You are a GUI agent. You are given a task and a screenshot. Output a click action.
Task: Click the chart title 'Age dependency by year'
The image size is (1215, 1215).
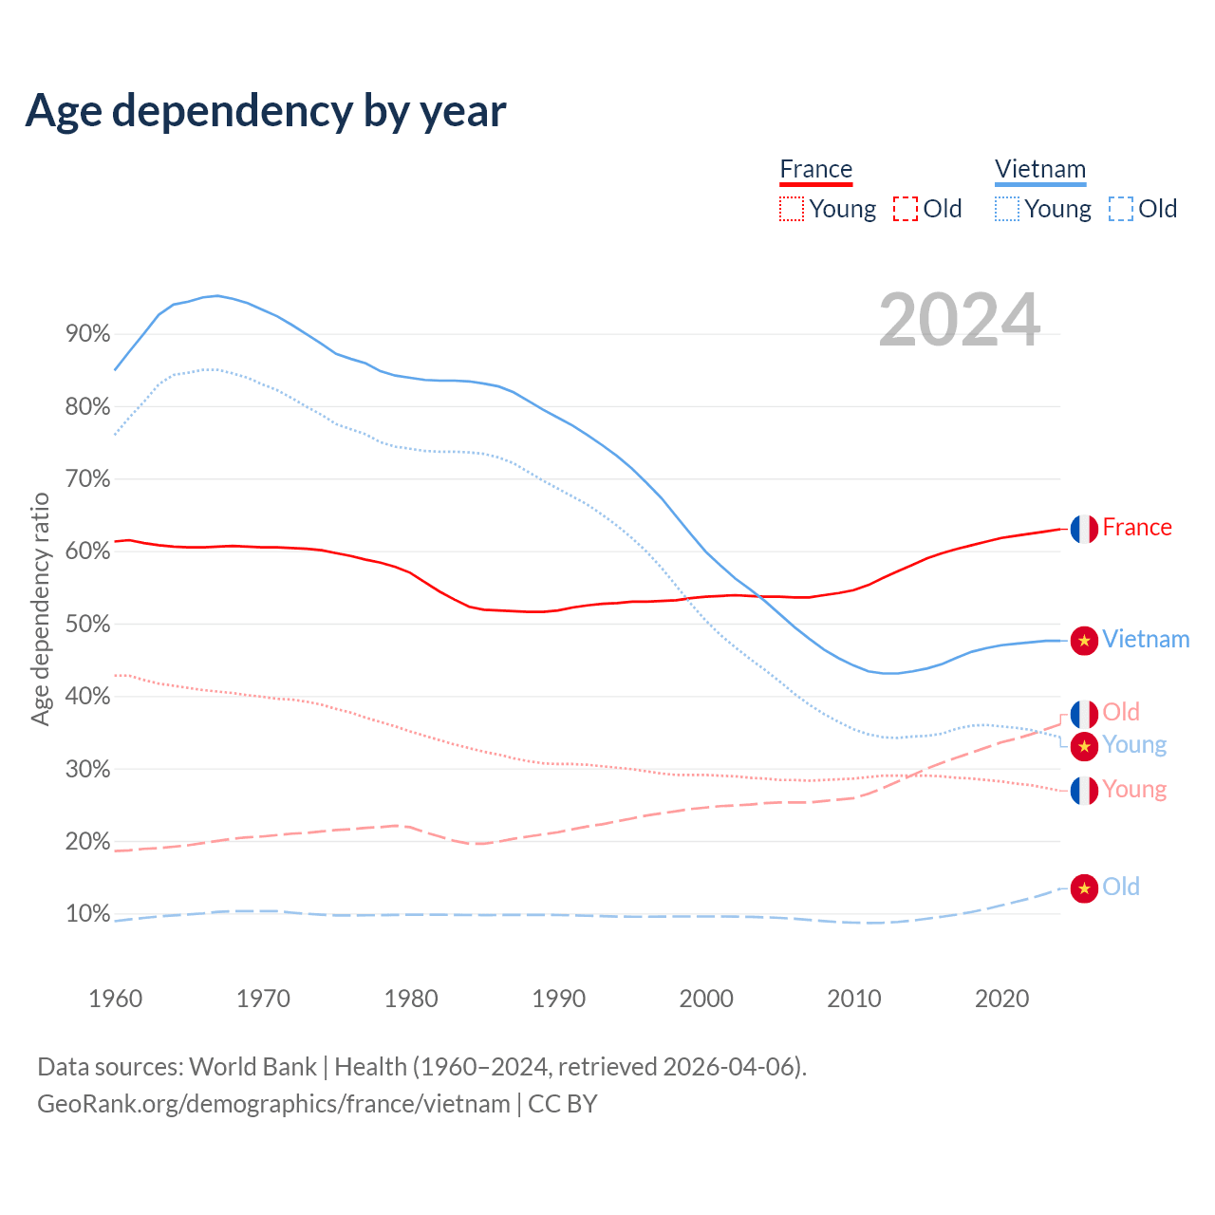pos(266,111)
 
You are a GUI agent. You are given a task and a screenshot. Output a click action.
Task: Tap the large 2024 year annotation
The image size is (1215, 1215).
pos(960,320)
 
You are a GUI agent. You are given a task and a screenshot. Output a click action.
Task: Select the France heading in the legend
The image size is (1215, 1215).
pos(815,170)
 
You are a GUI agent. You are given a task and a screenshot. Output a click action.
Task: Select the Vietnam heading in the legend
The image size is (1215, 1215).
pos(1039,170)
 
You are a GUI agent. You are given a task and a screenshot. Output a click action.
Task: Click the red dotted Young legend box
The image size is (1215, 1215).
pos(791,209)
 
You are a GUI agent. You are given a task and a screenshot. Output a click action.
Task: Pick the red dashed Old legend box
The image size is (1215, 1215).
pos(906,209)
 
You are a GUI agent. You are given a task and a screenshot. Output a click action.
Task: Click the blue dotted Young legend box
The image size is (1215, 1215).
pos(1007,209)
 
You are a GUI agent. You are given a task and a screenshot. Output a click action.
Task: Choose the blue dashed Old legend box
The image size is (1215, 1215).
pos(1121,209)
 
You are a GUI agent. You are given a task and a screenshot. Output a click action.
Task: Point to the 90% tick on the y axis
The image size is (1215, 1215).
pos(88,334)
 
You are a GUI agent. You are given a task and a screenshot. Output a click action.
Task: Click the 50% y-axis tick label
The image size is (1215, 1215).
pos(88,625)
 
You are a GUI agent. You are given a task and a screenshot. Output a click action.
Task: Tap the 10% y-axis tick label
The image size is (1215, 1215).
pos(88,914)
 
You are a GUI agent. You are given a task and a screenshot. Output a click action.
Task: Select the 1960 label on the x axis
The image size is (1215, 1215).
pos(115,999)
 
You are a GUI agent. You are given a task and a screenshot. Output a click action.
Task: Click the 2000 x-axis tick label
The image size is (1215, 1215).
pos(706,999)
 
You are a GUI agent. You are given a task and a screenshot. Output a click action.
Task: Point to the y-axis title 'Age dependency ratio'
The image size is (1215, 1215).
pos(40,608)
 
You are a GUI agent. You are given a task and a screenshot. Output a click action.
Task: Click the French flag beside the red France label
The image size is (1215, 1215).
pos(1084,529)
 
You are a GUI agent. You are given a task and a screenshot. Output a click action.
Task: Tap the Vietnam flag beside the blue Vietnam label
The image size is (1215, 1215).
pos(1084,641)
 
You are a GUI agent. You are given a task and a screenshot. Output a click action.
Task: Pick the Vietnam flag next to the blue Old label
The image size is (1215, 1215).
pos(1084,888)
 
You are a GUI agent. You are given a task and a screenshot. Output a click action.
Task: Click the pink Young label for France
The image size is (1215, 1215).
pos(1134,790)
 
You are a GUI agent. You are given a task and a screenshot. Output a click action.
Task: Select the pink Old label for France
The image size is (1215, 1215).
pos(1121,712)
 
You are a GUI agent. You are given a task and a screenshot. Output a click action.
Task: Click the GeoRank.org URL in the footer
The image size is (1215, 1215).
pos(273,1104)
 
